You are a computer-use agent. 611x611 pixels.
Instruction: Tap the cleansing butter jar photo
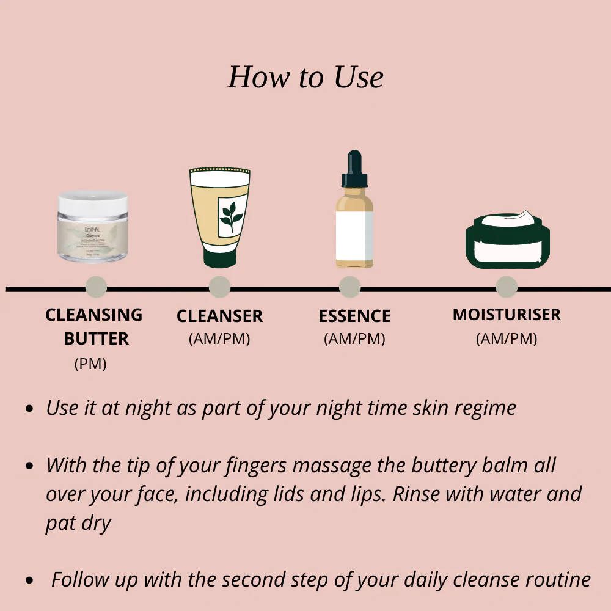pos(93,227)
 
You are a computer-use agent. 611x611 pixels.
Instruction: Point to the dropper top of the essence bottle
pos(354,168)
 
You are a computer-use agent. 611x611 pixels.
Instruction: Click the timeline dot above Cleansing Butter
pos(96,287)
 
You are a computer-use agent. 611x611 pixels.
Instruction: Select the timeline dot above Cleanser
pos(219,287)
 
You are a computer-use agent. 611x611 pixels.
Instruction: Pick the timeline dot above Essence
pos(349,287)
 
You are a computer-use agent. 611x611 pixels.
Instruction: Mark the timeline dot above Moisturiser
pos(507,287)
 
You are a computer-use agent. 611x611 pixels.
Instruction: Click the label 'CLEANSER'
pos(219,316)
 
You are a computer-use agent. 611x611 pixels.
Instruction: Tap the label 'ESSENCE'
pos(354,316)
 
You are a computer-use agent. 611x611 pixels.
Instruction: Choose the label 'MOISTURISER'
pos(507,315)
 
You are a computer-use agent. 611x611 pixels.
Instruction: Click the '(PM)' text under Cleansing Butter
pos(90,364)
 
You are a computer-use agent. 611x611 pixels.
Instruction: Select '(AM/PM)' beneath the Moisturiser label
pos(507,338)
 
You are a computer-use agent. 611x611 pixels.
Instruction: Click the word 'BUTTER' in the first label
pos(97,338)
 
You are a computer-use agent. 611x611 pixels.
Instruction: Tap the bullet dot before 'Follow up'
pos(29,580)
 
